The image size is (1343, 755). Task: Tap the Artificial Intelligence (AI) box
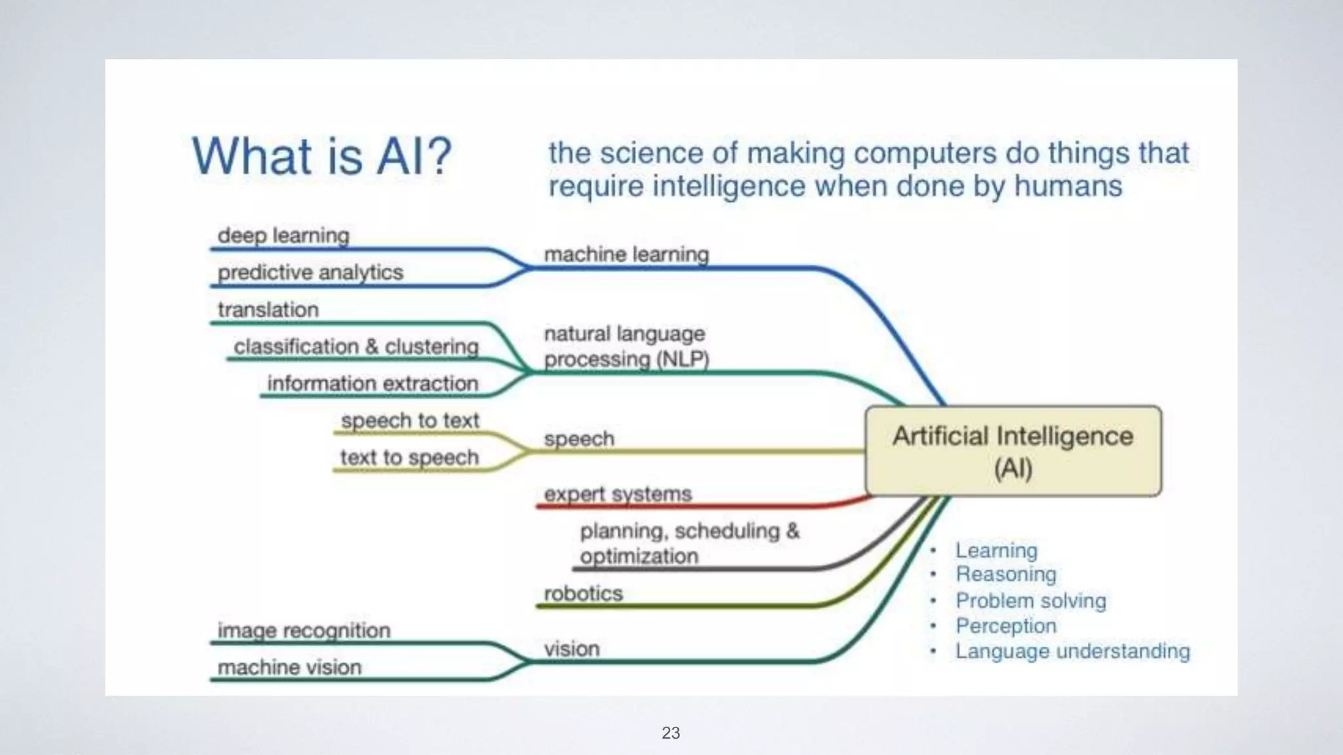click(1012, 451)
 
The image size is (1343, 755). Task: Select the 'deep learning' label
click(283, 235)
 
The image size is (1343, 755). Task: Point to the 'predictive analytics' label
click(310, 272)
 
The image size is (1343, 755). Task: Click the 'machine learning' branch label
click(626, 254)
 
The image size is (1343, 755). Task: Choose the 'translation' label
click(268, 309)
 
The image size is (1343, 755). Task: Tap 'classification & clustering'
click(356, 346)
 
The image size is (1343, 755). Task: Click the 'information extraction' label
click(372, 383)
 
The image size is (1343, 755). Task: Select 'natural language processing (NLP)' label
click(626, 347)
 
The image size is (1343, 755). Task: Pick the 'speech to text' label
click(410, 420)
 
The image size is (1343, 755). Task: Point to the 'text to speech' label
click(409, 457)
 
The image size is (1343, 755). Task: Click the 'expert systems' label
click(618, 494)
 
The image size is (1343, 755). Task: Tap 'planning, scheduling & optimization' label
click(689, 543)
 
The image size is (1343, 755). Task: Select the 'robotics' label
click(583, 594)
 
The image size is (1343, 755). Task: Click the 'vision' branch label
click(571, 649)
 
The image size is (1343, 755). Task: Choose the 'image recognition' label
click(304, 630)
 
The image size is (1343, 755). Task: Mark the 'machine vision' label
click(289, 667)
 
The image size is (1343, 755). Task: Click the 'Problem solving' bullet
click(1030, 600)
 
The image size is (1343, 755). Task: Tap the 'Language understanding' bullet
click(1072, 651)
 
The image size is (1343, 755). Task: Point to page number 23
click(671, 733)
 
